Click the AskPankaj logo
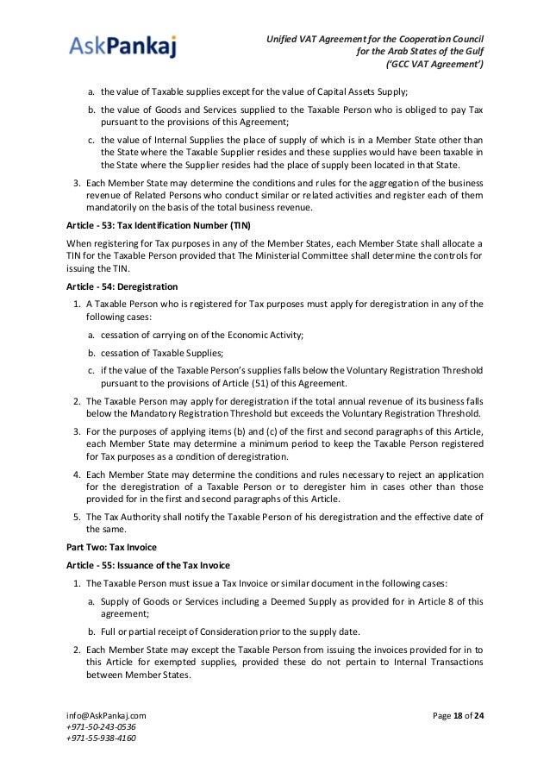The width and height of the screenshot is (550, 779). (122, 45)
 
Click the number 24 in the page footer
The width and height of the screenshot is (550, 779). (478, 715)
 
